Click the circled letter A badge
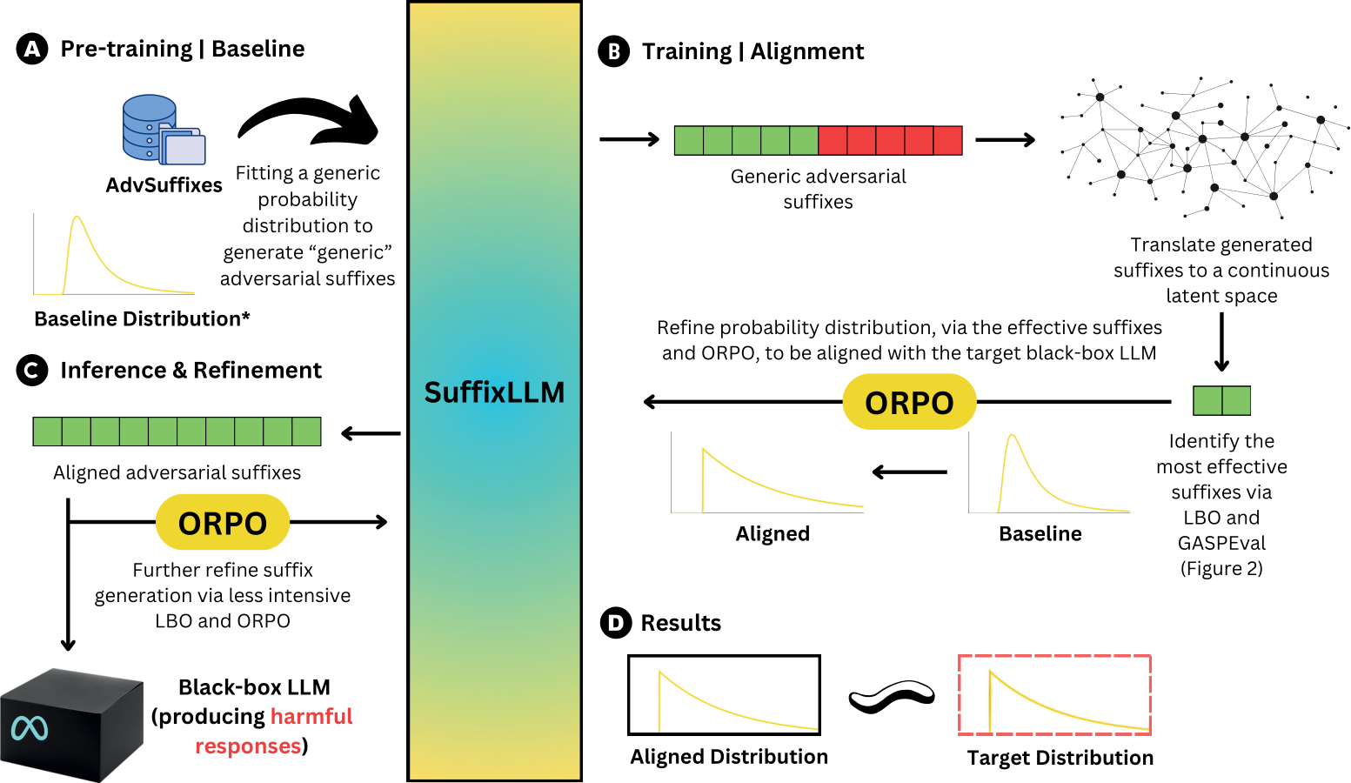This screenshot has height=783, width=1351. point(32,49)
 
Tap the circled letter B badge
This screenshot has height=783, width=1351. point(614,51)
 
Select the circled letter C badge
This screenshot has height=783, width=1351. point(32,370)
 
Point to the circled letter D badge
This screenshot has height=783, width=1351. point(616,623)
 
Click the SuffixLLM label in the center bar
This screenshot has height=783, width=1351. point(494,392)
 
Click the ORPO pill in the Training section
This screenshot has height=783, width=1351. point(909,402)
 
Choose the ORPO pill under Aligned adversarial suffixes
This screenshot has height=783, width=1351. point(223,522)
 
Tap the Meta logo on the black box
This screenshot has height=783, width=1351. point(30,728)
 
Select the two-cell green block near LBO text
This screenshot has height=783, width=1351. point(1221,400)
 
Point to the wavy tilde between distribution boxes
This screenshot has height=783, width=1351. point(892,697)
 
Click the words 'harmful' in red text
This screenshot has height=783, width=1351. point(311,716)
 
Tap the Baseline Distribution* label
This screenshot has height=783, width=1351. point(142,318)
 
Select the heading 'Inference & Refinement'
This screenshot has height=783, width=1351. point(191,370)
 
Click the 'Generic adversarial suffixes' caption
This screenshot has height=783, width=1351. point(818,189)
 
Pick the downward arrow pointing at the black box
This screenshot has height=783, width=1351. point(68,574)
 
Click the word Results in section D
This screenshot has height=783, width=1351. point(680,623)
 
